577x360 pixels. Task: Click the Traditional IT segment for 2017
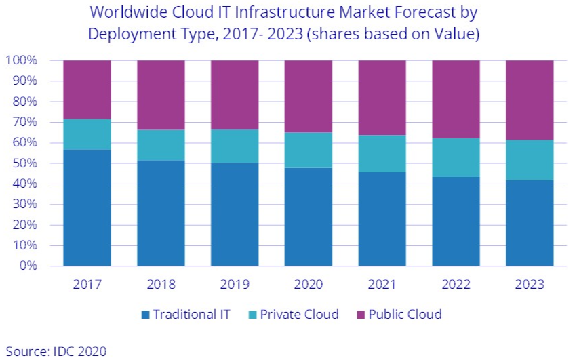[87, 207]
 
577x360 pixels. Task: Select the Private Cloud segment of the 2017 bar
[87, 134]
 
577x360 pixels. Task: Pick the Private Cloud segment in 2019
[235, 146]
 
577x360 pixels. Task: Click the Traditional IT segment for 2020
[309, 216]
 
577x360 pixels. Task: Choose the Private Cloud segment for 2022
[456, 157]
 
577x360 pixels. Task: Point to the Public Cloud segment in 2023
[530, 100]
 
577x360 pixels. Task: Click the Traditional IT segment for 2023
[530, 222]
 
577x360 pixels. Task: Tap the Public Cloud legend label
[405, 315]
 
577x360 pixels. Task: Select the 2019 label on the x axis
[235, 284]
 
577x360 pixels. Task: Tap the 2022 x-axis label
[456, 284]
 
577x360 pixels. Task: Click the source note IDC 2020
[78, 351]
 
